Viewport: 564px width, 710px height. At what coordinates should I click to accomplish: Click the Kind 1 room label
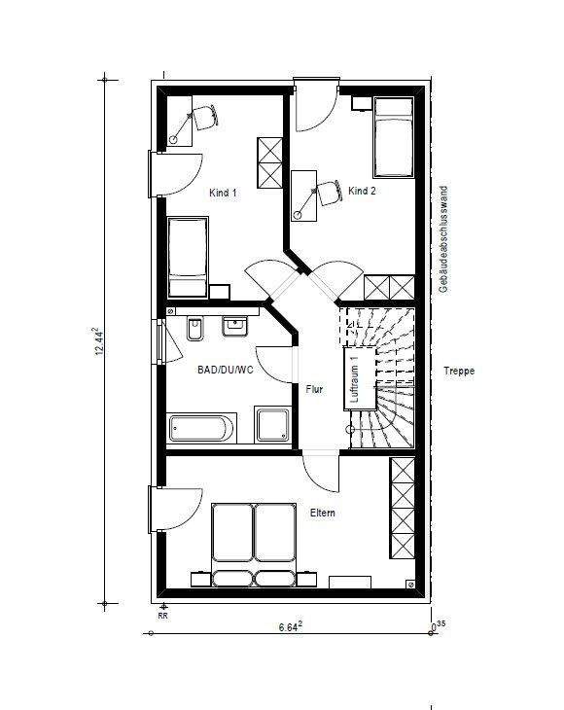pyautogui.click(x=223, y=193)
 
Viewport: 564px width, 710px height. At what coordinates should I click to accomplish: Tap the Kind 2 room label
pyautogui.click(x=362, y=191)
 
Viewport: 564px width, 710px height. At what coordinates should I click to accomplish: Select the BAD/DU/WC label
pyautogui.click(x=226, y=370)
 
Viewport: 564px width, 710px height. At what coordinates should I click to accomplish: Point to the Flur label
pyautogui.click(x=314, y=389)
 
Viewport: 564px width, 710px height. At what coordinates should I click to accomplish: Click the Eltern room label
pyautogui.click(x=322, y=513)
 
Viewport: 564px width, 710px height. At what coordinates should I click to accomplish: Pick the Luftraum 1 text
pyautogui.click(x=355, y=378)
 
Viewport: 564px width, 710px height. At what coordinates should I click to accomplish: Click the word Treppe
pyautogui.click(x=459, y=371)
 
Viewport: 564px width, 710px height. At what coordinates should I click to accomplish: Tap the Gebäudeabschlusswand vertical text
pyautogui.click(x=443, y=239)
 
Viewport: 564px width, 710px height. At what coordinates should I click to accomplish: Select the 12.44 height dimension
pyautogui.click(x=99, y=341)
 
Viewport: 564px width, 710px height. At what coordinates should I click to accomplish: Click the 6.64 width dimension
pyautogui.click(x=290, y=626)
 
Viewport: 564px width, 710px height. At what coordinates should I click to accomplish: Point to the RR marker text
pyautogui.click(x=163, y=616)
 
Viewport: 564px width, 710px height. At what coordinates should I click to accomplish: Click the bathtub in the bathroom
pyautogui.click(x=202, y=428)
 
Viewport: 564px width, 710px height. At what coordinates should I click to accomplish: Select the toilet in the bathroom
pyautogui.click(x=195, y=329)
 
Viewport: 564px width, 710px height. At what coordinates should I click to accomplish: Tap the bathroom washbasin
pyautogui.click(x=234, y=326)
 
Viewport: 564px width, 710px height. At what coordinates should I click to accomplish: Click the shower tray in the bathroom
pyautogui.click(x=272, y=424)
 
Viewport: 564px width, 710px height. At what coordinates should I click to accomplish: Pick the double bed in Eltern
pyautogui.click(x=254, y=545)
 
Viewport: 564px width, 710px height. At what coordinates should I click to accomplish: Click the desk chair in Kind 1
pyautogui.click(x=205, y=117)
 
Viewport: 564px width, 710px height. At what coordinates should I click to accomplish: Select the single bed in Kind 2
pyautogui.click(x=394, y=137)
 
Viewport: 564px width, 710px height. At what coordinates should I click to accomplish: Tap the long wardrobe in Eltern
pyautogui.click(x=403, y=508)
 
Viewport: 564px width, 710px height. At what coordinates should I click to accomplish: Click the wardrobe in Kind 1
pyautogui.click(x=269, y=162)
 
